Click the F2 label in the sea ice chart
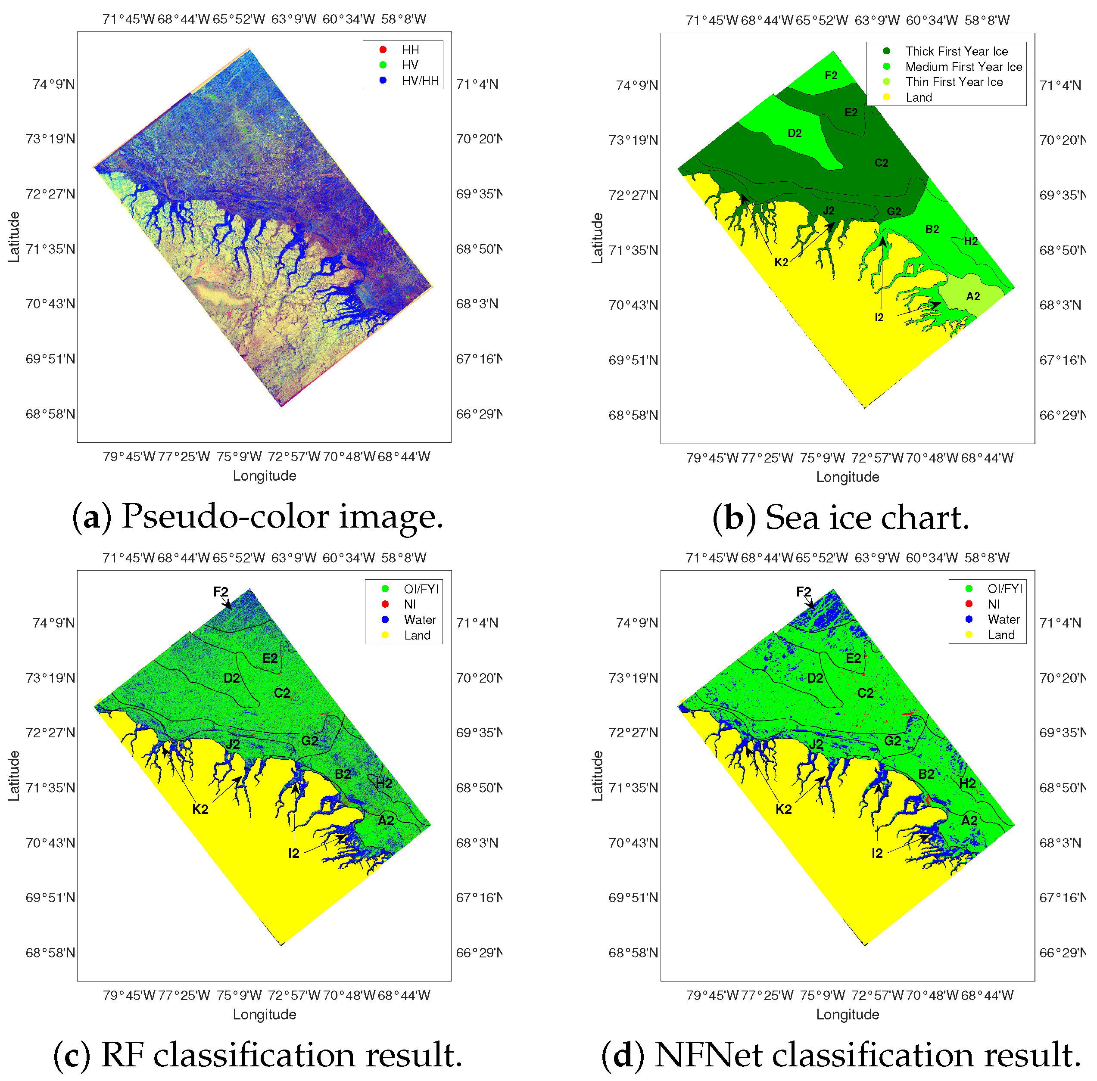point(831,75)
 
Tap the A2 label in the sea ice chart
point(972,296)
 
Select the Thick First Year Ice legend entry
point(956,52)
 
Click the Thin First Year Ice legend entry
point(954,82)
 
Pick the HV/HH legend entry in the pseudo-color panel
point(420,81)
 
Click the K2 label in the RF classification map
point(200,810)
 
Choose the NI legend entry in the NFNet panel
point(993,604)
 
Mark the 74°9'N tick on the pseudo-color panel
point(53,84)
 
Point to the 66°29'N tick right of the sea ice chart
point(1062,415)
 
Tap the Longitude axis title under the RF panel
point(264,1015)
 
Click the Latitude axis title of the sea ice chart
point(597,238)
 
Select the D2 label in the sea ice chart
point(795,134)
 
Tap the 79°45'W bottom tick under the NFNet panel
point(711,995)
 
